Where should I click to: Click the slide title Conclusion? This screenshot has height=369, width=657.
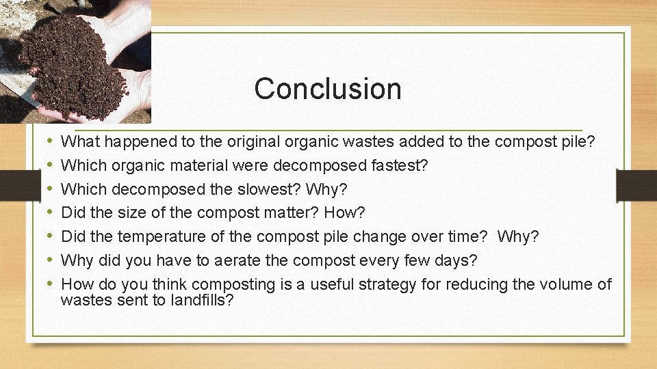327,89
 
